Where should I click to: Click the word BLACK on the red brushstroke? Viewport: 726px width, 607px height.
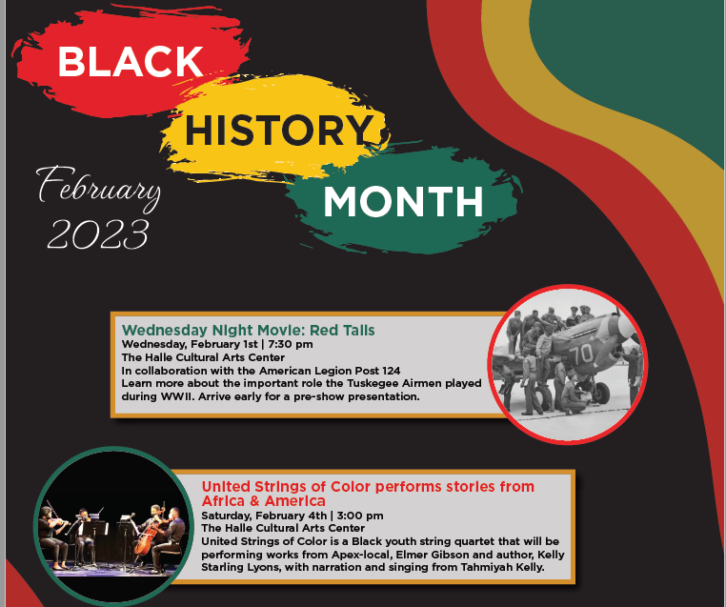point(131,62)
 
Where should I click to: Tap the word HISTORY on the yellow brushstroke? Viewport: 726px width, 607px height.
point(277,131)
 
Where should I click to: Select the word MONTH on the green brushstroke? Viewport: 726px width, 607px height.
point(402,201)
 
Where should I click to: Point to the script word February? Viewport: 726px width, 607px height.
point(98,187)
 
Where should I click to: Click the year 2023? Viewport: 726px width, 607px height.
point(98,232)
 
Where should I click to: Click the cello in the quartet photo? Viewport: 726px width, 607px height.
point(146,539)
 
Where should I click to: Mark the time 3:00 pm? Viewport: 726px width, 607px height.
point(358,516)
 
